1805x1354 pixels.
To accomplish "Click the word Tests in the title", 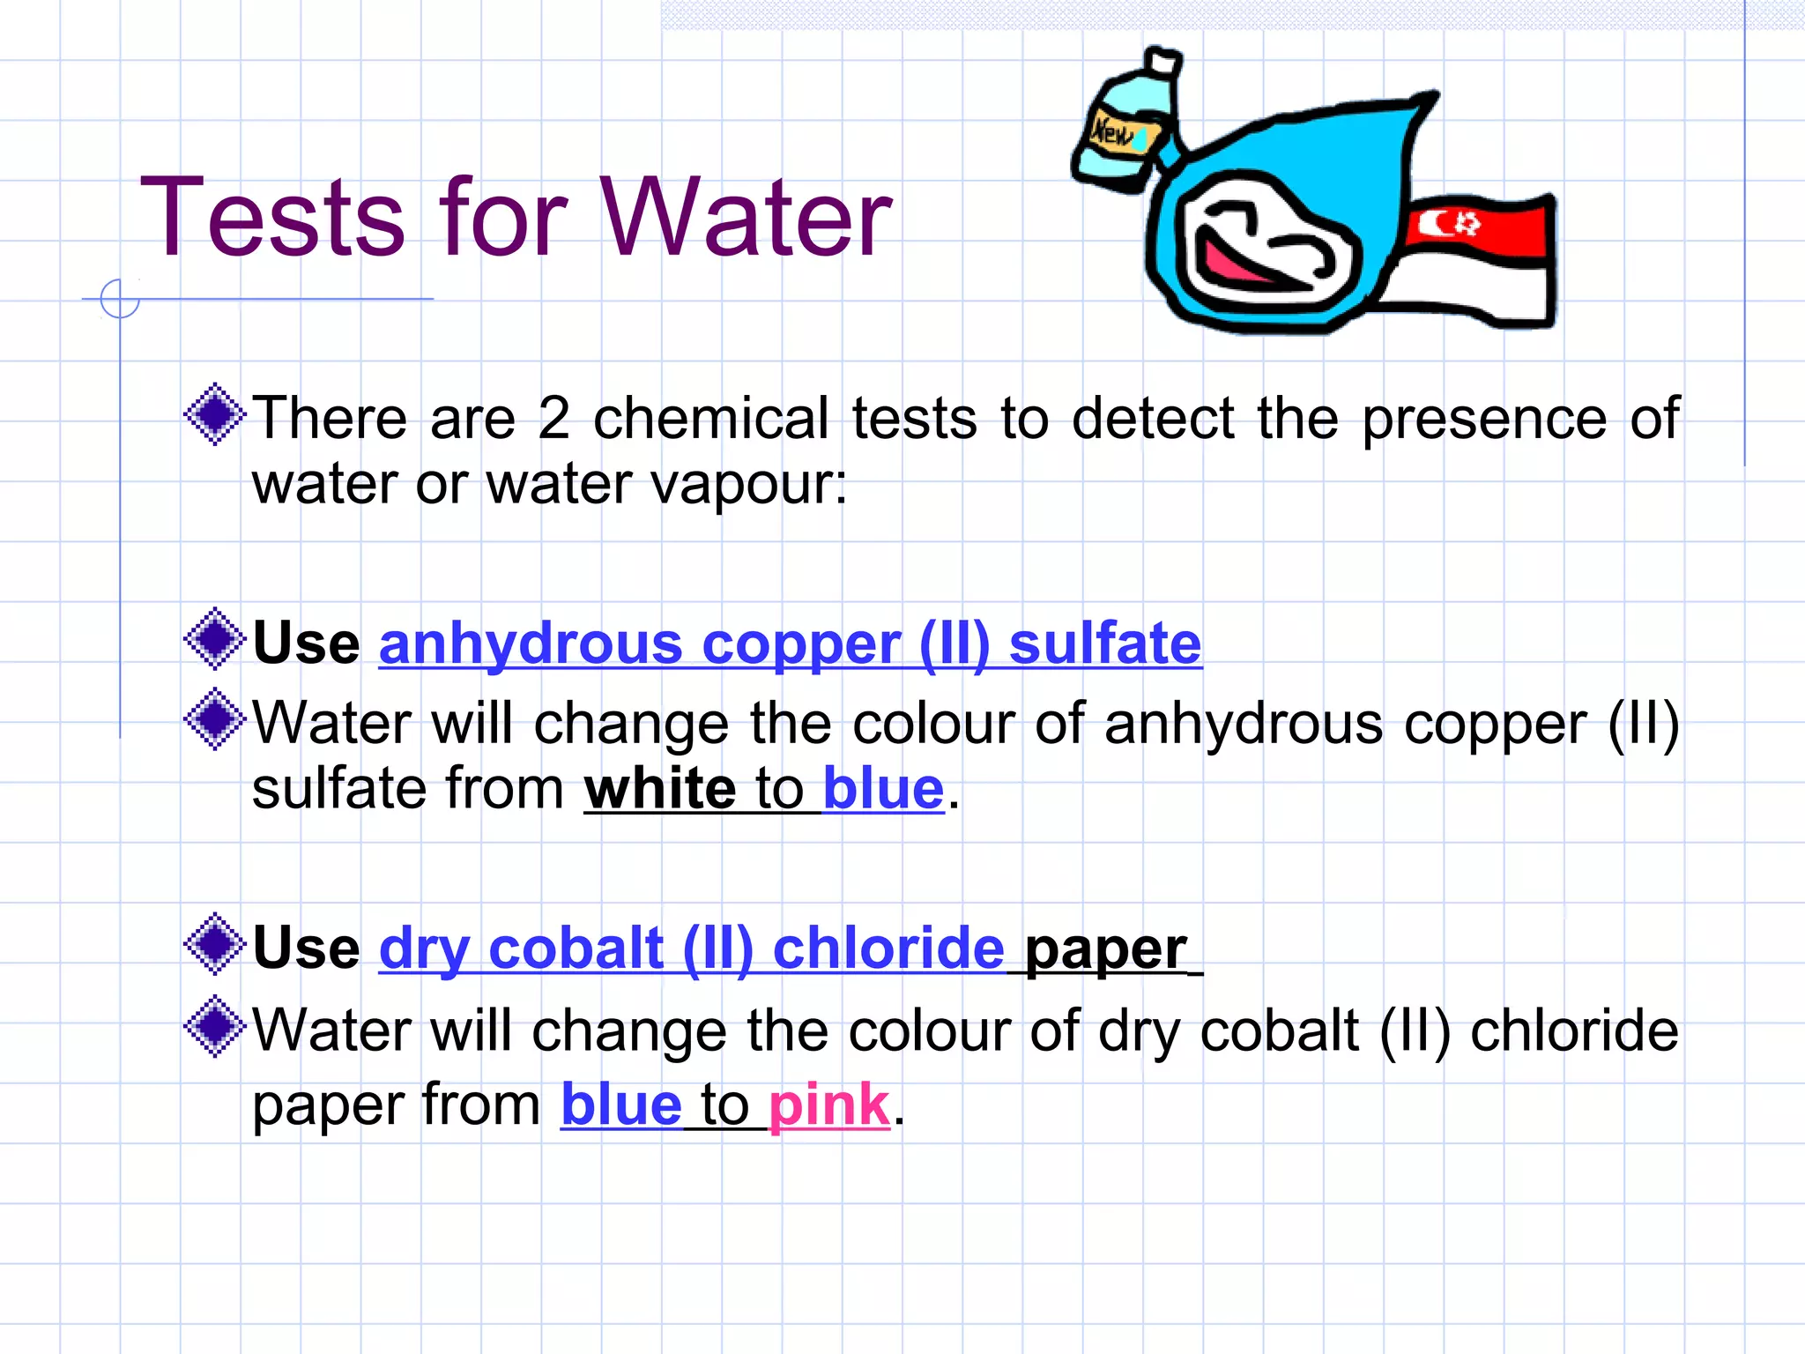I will tap(273, 217).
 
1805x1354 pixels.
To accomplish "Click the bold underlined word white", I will tap(659, 788).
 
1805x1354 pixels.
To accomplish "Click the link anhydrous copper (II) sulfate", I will tap(790, 644).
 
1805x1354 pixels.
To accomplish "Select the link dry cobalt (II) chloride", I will tap(692, 949).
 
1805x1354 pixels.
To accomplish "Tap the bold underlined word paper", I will tap(1105, 949).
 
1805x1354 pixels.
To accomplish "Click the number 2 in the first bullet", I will tap(553, 418).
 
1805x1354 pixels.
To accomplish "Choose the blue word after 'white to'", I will tap(883, 788).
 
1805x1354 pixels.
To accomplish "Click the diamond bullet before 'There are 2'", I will tap(214, 414).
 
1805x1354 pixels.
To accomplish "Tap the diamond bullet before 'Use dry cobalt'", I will tap(214, 944).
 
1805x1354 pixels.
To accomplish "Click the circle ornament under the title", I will tap(120, 298).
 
